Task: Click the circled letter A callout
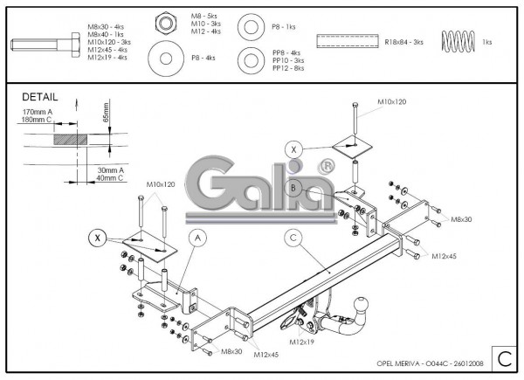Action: pyautogui.click(x=198, y=237)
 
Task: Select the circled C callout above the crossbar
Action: pyautogui.click(x=294, y=237)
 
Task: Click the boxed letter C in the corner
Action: pyautogui.click(x=503, y=356)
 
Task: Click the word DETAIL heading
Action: pyautogui.click(x=40, y=97)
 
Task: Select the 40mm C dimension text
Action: pyautogui.click(x=110, y=179)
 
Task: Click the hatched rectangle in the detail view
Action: pyautogui.click(x=70, y=140)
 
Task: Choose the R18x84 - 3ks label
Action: pyautogui.click(x=405, y=41)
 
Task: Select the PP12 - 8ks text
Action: pyautogui.click(x=287, y=67)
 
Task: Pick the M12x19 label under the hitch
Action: pyautogui.click(x=302, y=342)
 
